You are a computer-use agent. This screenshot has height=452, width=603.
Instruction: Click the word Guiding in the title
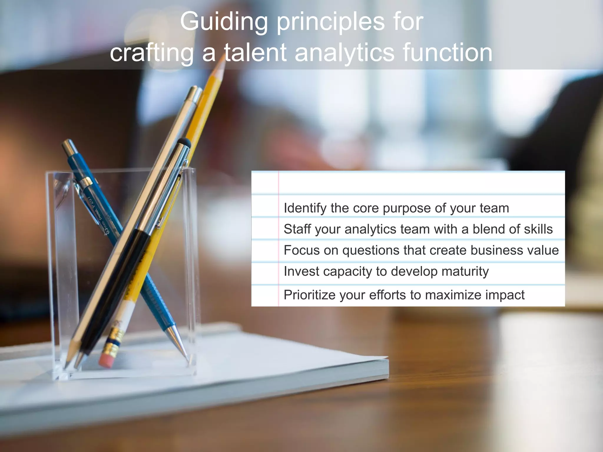click(x=224, y=22)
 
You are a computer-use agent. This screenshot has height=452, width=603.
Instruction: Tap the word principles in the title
click(x=330, y=22)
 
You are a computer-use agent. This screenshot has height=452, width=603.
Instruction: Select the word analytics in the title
click(x=344, y=53)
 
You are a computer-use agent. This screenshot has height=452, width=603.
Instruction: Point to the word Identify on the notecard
click(x=305, y=208)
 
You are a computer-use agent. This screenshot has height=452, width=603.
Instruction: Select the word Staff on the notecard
click(x=297, y=229)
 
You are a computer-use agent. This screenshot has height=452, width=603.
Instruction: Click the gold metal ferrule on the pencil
click(x=114, y=341)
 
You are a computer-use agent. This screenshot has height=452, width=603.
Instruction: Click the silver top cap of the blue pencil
click(x=68, y=145)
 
